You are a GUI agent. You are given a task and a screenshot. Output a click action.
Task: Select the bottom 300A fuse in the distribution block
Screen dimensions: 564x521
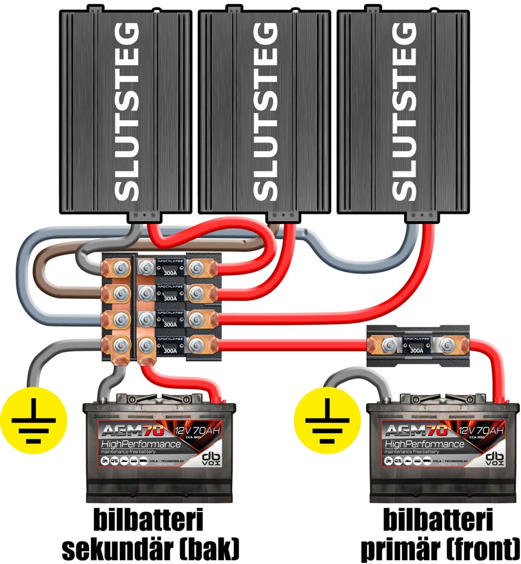169,343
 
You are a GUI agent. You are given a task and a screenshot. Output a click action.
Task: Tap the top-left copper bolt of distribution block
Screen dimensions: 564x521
119,267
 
